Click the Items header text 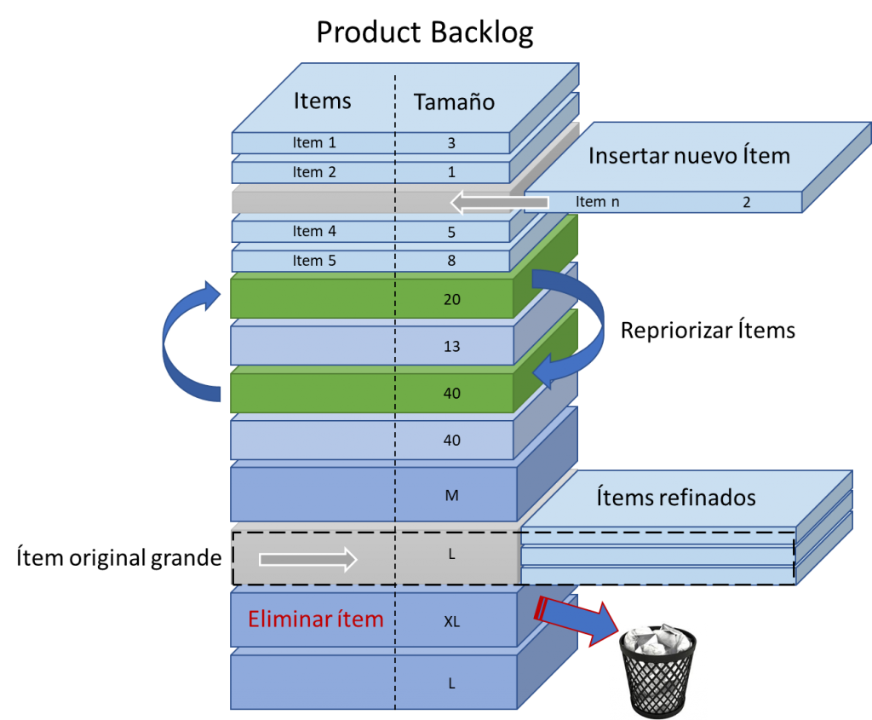pyautogui.click(x=322, y=101)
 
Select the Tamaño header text pyautogui.click(x=454, y=102)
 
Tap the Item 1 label pyautogui.click(x=314, y=143)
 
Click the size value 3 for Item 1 pyautogui.click(x=451, y=144)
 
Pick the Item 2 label pyautogui.click(x=314, y=172)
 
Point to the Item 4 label pyautogui.click(x=314, y=231)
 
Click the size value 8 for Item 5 pyautogui.click(x=451, y=261)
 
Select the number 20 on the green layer pyautogui.click(x=451, y=299)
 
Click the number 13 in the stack pyautogui.click(x=451, y=346)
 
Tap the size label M pyautogui.click(x=451, y=495)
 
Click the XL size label pyautogui.click(x=451, y=621)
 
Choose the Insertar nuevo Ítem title pyautogui.click(x=689, y=156)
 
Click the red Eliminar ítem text pyautogui.click(x=315, y=619)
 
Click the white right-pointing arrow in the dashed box pyautogui.click(x=307, y=559)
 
